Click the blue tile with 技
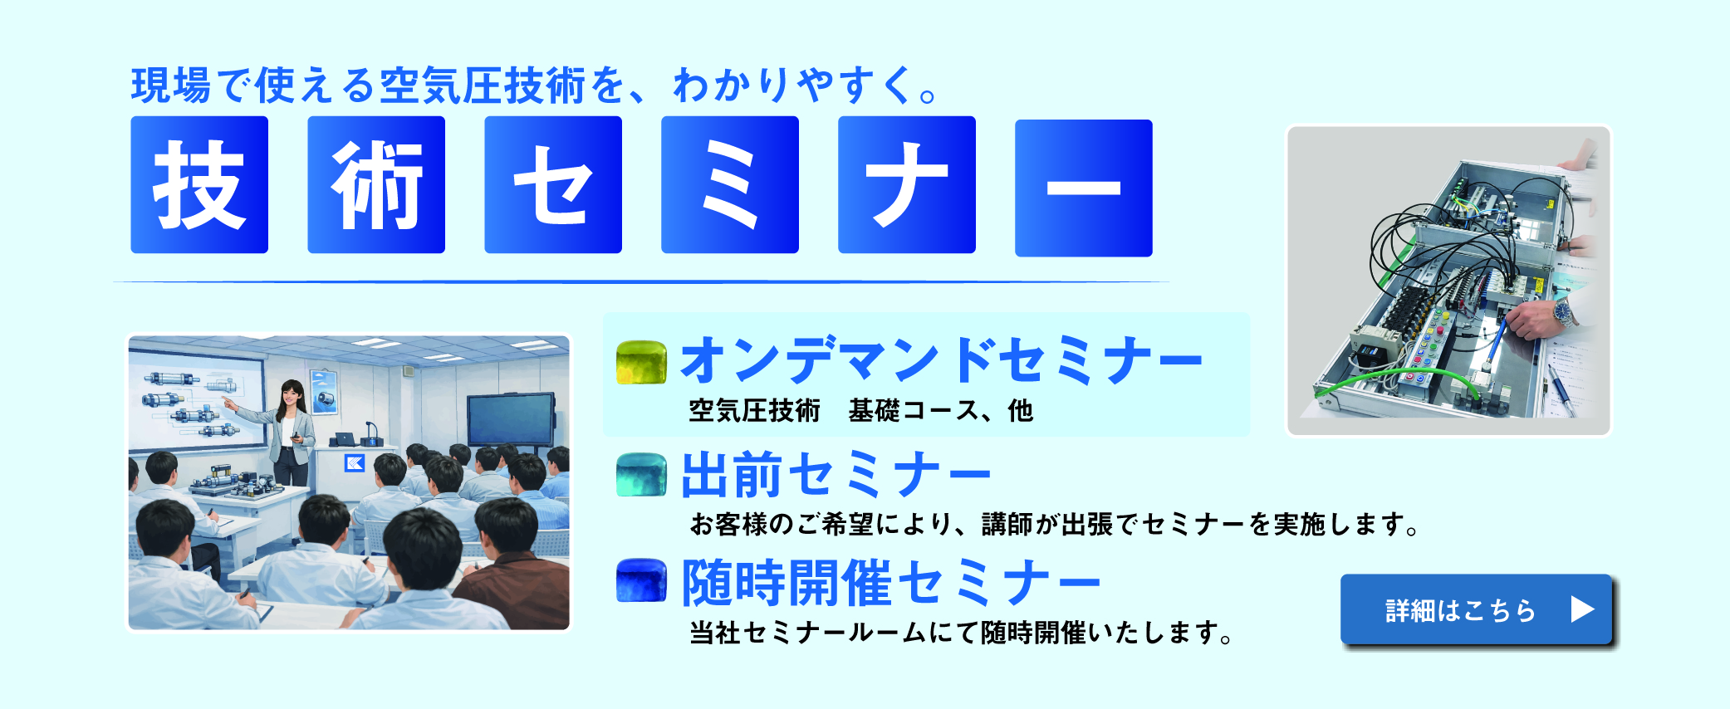coord(199,184)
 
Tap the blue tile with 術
coord(376,184)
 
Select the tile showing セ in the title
coord(553,184)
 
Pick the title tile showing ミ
coord(730,184)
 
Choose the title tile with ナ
coord(907,184)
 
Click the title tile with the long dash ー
coord(1084,188)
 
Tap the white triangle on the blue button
coord(1582,610)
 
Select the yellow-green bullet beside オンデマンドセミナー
coord(641,363)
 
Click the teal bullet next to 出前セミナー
coord(641,475)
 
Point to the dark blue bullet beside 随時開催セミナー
coord(641,580)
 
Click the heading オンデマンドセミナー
coord(941,361)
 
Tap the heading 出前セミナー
coord(836,475)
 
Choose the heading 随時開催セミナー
coord(891,583)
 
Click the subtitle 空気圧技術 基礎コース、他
coord(860,411)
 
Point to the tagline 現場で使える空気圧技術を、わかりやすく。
coord(533,86)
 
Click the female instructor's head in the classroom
coord(292,394)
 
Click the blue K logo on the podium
coord(355,462)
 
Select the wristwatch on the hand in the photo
coord(1564,314)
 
